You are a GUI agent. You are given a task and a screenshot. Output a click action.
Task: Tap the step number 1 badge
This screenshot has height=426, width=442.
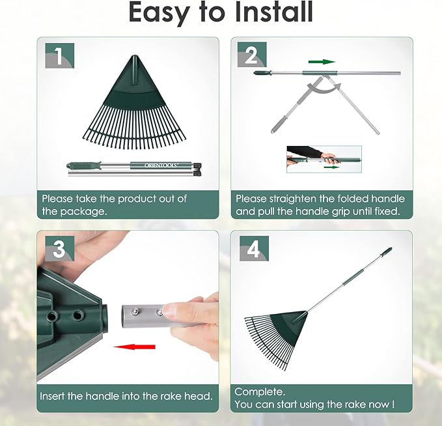point(59,55)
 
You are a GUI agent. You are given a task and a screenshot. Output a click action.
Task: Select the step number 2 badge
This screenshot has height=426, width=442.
point(252,55)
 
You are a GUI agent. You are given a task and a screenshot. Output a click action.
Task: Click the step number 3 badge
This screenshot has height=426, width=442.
point(59,249)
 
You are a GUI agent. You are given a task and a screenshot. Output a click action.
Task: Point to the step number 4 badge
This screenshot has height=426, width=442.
point(254,249)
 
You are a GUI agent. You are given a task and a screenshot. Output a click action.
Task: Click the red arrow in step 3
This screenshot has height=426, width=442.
point(134,347)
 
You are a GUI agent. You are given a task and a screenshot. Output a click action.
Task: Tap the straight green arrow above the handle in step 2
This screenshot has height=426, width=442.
point(322,62)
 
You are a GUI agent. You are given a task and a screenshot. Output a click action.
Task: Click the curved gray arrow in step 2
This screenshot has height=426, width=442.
point(324,89)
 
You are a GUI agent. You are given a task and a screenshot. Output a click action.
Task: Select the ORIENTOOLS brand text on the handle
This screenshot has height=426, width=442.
point(161,165)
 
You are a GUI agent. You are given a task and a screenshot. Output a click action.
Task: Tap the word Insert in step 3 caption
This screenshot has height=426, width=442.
point(52,396)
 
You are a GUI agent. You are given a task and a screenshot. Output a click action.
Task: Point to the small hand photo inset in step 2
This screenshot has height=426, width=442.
point(324,159)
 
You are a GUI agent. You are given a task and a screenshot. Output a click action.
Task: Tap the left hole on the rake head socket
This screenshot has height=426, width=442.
point(53,317)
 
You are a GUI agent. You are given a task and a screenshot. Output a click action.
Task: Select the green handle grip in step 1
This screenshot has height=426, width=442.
point(83,165)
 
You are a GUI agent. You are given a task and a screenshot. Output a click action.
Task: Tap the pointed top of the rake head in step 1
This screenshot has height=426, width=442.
point(135,55)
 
